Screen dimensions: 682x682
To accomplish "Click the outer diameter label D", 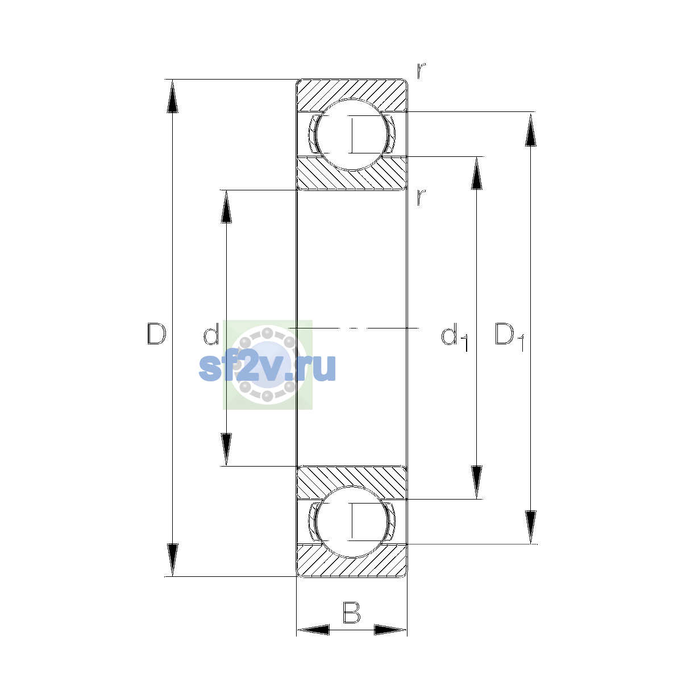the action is (156, 334).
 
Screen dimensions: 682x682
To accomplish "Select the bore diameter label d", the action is (211, 334).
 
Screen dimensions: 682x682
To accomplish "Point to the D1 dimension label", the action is (509, 336).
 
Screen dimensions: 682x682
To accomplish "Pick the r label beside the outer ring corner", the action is (421, 71).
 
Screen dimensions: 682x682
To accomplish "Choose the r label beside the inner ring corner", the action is (421, 197).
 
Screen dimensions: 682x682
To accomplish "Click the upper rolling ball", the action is (352, 135).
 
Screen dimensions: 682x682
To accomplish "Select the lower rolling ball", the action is (352, 522).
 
